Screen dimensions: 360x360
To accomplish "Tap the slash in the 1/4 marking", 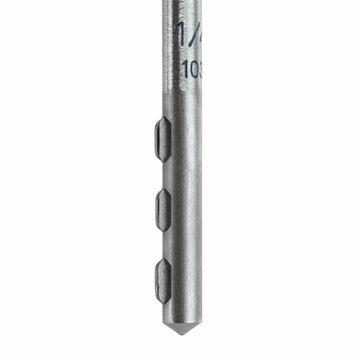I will tap(190, 32).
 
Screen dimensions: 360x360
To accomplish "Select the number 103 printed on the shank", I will tap(191, 69).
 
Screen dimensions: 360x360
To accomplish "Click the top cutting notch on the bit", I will tap(163, 139).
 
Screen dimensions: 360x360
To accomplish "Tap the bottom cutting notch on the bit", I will tap(163, 280).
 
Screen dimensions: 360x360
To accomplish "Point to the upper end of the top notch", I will tap(164, 121).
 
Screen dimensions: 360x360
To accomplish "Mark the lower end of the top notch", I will tap(164, 158).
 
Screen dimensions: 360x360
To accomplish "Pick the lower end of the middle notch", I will tap(164, 228).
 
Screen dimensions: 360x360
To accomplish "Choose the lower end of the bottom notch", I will tap(164, 298).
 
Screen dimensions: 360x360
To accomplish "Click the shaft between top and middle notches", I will tap(181, 175).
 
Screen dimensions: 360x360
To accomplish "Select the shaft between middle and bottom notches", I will tap(181, 246).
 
